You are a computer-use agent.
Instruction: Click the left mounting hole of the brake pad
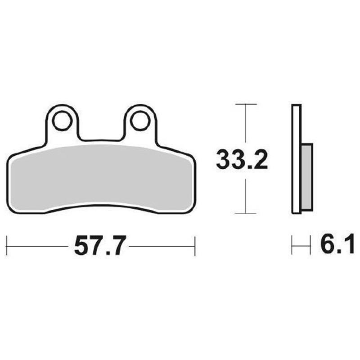click(x=62, y=120)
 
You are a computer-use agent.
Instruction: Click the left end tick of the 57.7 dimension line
click(x=8, y=246)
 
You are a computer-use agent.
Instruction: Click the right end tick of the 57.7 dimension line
click(x=194, y=246)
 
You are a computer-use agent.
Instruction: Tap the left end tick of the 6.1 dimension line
click(x=292, y=246)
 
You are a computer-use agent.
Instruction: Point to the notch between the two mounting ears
click(x=101, y=135)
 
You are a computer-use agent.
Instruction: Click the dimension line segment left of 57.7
click(x=38, y=246)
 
